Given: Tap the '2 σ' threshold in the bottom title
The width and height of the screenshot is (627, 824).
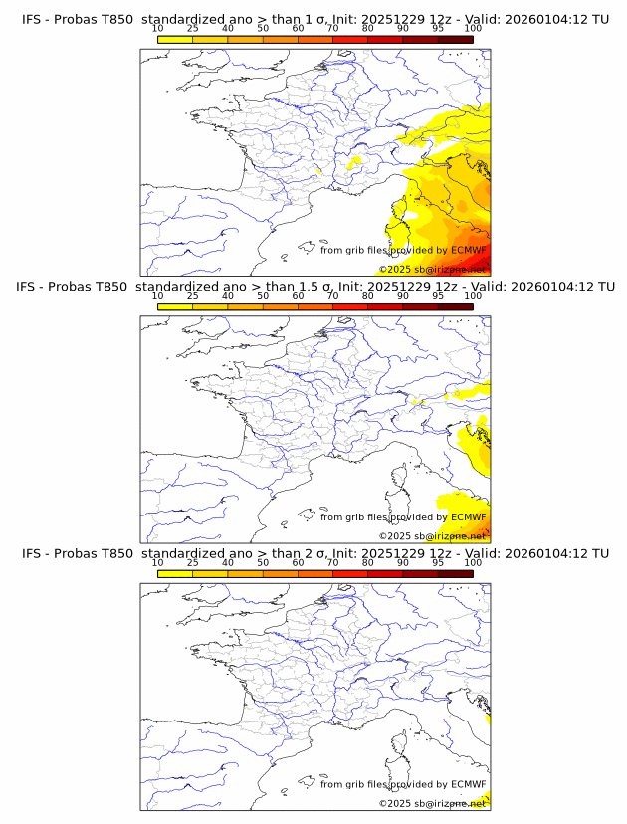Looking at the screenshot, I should [319, 553].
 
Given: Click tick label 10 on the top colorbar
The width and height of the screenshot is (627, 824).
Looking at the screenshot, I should [157, 29].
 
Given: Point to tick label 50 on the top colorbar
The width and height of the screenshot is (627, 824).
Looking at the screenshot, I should [263, 29].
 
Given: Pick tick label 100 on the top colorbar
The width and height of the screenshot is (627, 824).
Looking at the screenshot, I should [473, 29].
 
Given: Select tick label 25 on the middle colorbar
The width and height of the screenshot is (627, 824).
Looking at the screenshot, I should [192, 296].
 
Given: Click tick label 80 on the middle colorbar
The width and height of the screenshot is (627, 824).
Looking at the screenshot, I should [368, 296].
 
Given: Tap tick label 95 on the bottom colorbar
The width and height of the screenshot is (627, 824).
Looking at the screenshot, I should [438, 562].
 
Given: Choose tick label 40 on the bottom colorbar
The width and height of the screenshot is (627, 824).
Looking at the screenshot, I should [228, 562].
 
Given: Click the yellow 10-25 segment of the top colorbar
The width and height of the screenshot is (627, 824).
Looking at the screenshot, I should [175, 40].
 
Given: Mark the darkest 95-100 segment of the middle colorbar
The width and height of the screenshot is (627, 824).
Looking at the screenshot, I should [456, 307].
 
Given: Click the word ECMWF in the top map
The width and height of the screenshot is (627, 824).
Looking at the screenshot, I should [469, 251].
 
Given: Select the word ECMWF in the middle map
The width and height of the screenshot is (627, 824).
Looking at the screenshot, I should [469, 517].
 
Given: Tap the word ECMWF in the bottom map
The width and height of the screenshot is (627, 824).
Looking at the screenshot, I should [469, 784].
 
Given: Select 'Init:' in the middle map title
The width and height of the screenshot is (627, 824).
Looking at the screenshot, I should [355, 287].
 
